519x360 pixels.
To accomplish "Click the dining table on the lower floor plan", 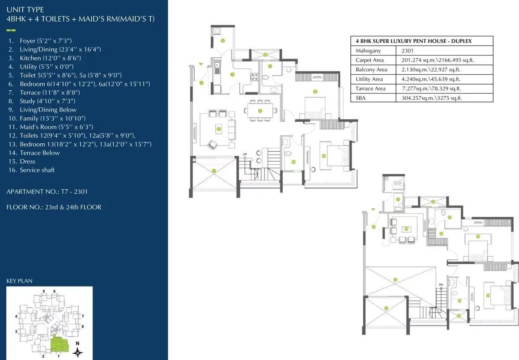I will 260,110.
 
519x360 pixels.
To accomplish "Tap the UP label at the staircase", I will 245,154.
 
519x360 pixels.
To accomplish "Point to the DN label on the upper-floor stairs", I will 441,285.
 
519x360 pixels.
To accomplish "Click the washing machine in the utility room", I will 217,31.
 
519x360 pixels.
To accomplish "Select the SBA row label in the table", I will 361,98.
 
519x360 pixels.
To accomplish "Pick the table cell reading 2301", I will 408,51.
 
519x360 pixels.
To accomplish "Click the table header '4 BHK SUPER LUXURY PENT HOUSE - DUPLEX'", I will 413,41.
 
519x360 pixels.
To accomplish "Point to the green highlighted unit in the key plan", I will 59,344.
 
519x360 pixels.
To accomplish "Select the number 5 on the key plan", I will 43,291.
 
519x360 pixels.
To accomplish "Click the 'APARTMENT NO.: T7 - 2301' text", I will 47,191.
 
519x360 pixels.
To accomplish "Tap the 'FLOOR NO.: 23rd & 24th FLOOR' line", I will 54,207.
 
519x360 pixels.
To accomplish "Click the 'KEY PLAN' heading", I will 19,281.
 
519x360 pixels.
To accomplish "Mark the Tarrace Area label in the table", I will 370,88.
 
